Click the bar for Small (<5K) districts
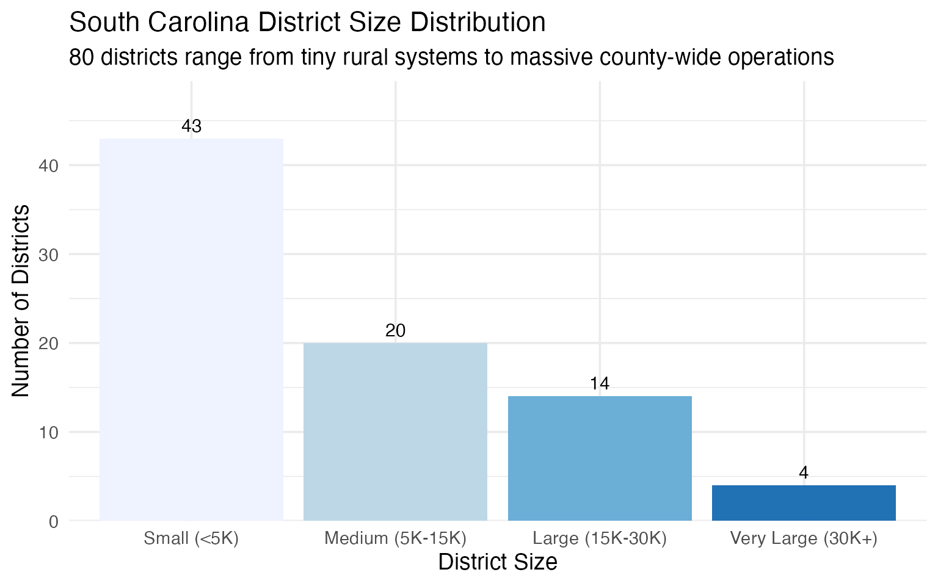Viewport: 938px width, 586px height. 191,330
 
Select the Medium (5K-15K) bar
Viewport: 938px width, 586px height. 395,432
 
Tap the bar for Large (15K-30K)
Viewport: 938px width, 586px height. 600,458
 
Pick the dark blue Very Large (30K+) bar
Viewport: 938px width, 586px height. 804,503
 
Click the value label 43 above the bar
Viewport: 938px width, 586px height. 191,126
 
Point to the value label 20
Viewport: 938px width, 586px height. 395,331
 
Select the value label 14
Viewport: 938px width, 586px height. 600,384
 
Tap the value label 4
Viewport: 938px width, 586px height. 804,473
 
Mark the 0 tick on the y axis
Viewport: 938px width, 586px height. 54,522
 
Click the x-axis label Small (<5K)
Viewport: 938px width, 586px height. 191,538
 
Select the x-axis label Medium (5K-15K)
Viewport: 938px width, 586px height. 395,538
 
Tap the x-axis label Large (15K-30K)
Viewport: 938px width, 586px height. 600,538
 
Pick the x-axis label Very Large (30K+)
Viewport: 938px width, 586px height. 804,538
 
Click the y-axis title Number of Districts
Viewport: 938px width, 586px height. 21,301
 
